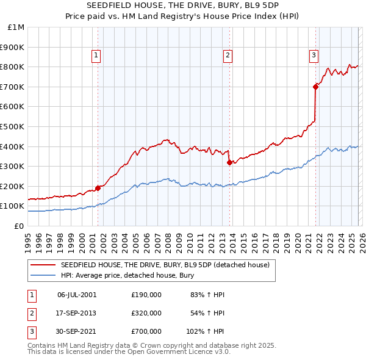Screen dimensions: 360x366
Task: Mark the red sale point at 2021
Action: point(316,87)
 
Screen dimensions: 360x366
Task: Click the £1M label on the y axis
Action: point(16,27)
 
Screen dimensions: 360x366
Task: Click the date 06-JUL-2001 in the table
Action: point(77,295)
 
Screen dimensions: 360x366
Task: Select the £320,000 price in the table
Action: point(146,313)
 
